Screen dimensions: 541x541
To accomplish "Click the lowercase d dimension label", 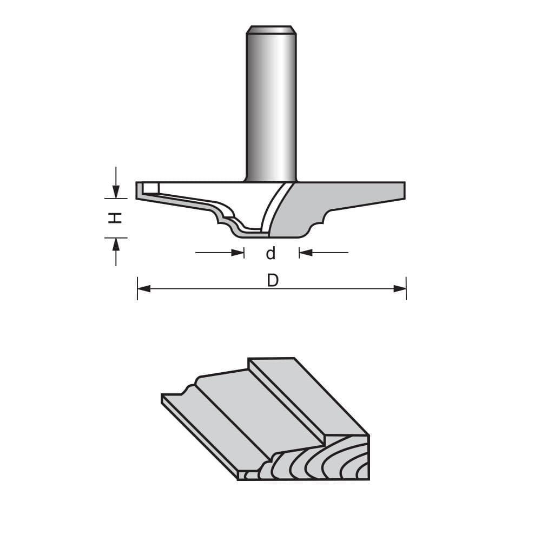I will tap(271, 253).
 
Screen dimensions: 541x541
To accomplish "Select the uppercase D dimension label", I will tap(273, 281).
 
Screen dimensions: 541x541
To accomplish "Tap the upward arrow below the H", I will tap(116, 245).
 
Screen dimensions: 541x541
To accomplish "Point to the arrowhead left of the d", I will tap(237, 253).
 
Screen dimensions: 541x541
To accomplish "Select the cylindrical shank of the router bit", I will tap(270, 108).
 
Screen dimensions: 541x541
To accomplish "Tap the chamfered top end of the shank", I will tap(270, 30).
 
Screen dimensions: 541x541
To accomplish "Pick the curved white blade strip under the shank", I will tap(274, 208).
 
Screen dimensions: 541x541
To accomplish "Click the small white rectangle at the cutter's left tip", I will tap(151, 188).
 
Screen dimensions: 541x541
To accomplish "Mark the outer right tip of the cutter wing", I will tap(403, 190).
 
